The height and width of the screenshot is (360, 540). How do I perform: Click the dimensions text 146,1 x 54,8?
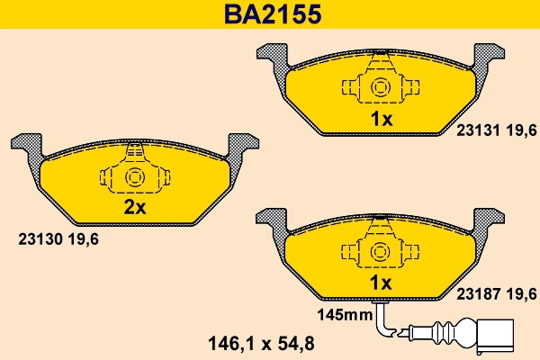[261, 343]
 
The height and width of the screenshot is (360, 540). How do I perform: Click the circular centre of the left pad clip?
[135, 176]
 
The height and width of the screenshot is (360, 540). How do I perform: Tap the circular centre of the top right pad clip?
[380, 87]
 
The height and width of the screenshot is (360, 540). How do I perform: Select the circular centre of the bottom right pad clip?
[380, 252]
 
